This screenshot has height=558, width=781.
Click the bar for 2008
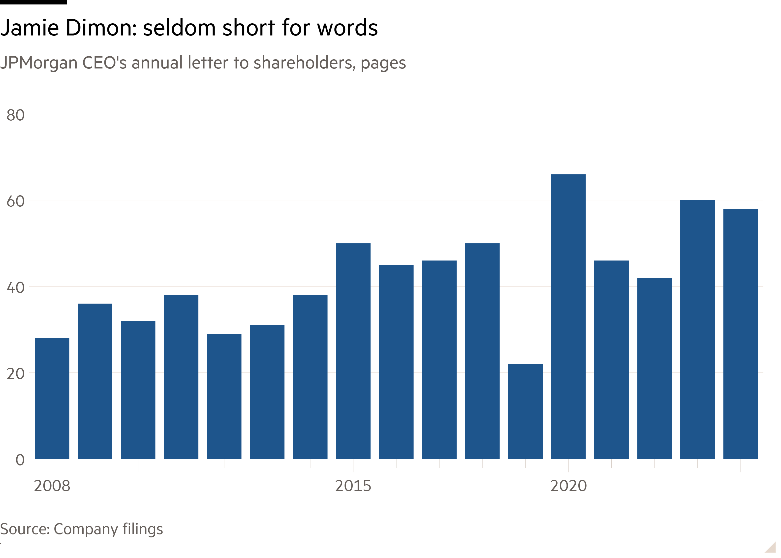tap(52, 398)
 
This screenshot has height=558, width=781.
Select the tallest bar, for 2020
tap(568, 316)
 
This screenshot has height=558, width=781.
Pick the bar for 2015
tap(353, 351)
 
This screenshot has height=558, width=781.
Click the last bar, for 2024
tap(741, 333)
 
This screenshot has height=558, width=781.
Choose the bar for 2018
tap(482, 351)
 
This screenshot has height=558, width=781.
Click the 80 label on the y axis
tap(15, 115)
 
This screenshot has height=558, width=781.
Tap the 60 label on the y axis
tap(15, 201)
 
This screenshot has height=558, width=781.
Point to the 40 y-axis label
tap(15, 288)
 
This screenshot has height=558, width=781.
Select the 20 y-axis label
tap(15, 374)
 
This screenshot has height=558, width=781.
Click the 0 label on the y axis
tap(20, 460)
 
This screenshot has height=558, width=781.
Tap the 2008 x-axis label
tap(52, 486)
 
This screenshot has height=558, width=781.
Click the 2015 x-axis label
tap(353, 486)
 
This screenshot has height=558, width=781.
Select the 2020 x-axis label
tap(568, 486)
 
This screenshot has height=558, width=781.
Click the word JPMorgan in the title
tap(38, 63)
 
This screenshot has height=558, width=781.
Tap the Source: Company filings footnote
tap(81, 529)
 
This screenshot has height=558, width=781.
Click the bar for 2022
tap(654, 368)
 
